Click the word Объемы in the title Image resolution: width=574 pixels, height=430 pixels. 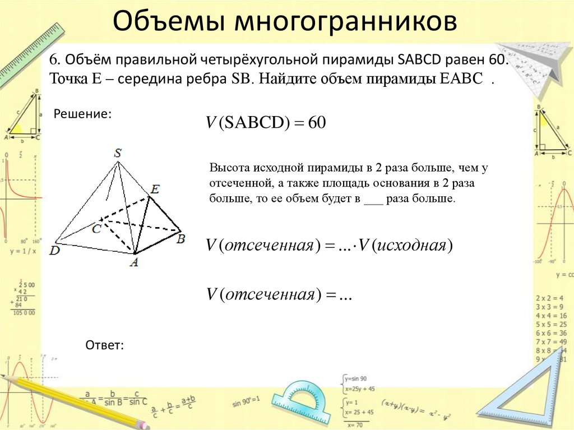(168, 22)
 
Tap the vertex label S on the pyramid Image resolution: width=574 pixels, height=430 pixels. (118, 152)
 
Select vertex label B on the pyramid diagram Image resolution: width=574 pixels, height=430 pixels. (180, 239)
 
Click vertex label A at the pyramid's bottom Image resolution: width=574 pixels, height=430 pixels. (134, 261)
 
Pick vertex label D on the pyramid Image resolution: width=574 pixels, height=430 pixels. (54, 251)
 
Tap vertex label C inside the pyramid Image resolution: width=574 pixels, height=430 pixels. (97, 228)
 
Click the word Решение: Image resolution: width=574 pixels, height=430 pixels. (82, 114)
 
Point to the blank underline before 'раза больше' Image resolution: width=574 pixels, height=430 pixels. (373, 200)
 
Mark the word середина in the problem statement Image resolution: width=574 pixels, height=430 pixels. (147, 78)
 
